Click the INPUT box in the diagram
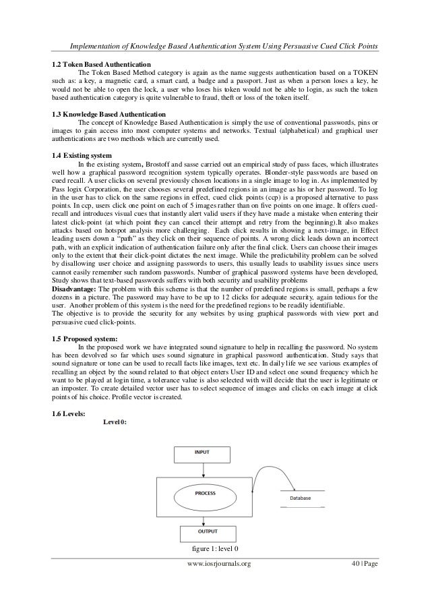202,453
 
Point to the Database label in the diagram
300,498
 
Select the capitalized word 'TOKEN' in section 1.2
363,73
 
